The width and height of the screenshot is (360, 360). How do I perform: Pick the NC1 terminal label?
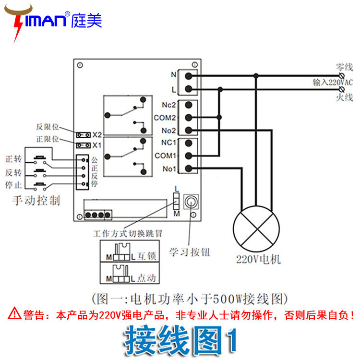(170, 143)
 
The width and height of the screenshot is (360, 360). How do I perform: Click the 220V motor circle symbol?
(256, 228)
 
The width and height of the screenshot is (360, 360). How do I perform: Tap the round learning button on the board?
(192, 202)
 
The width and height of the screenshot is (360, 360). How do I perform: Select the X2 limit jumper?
(84, 134)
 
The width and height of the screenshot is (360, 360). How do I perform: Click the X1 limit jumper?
(84, 144)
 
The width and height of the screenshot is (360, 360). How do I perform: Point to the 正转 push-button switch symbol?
(40, 160)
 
